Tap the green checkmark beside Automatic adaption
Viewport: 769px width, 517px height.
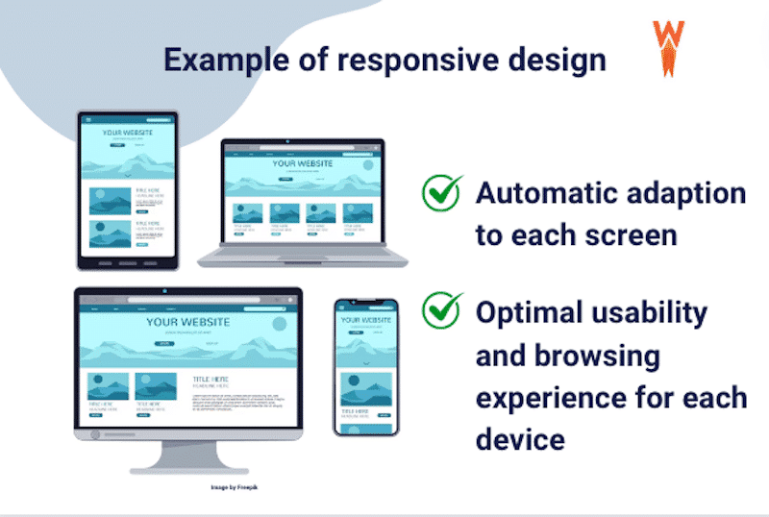point(442,192)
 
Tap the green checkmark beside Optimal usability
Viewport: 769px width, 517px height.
point(442,311)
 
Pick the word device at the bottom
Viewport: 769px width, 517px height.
point(519,440)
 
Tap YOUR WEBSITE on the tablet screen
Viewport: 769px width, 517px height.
point(128,133)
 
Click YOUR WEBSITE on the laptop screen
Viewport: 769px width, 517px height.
point(302,163)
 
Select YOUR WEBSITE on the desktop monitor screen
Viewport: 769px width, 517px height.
point(188,322)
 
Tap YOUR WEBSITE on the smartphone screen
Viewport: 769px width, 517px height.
point(366,320)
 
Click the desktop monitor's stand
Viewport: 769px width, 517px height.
point(188,458)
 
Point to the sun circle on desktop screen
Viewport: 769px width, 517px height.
point(279,323)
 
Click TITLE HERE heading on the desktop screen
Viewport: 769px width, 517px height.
point(211,379)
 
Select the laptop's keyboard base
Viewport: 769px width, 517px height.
point(303,258)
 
